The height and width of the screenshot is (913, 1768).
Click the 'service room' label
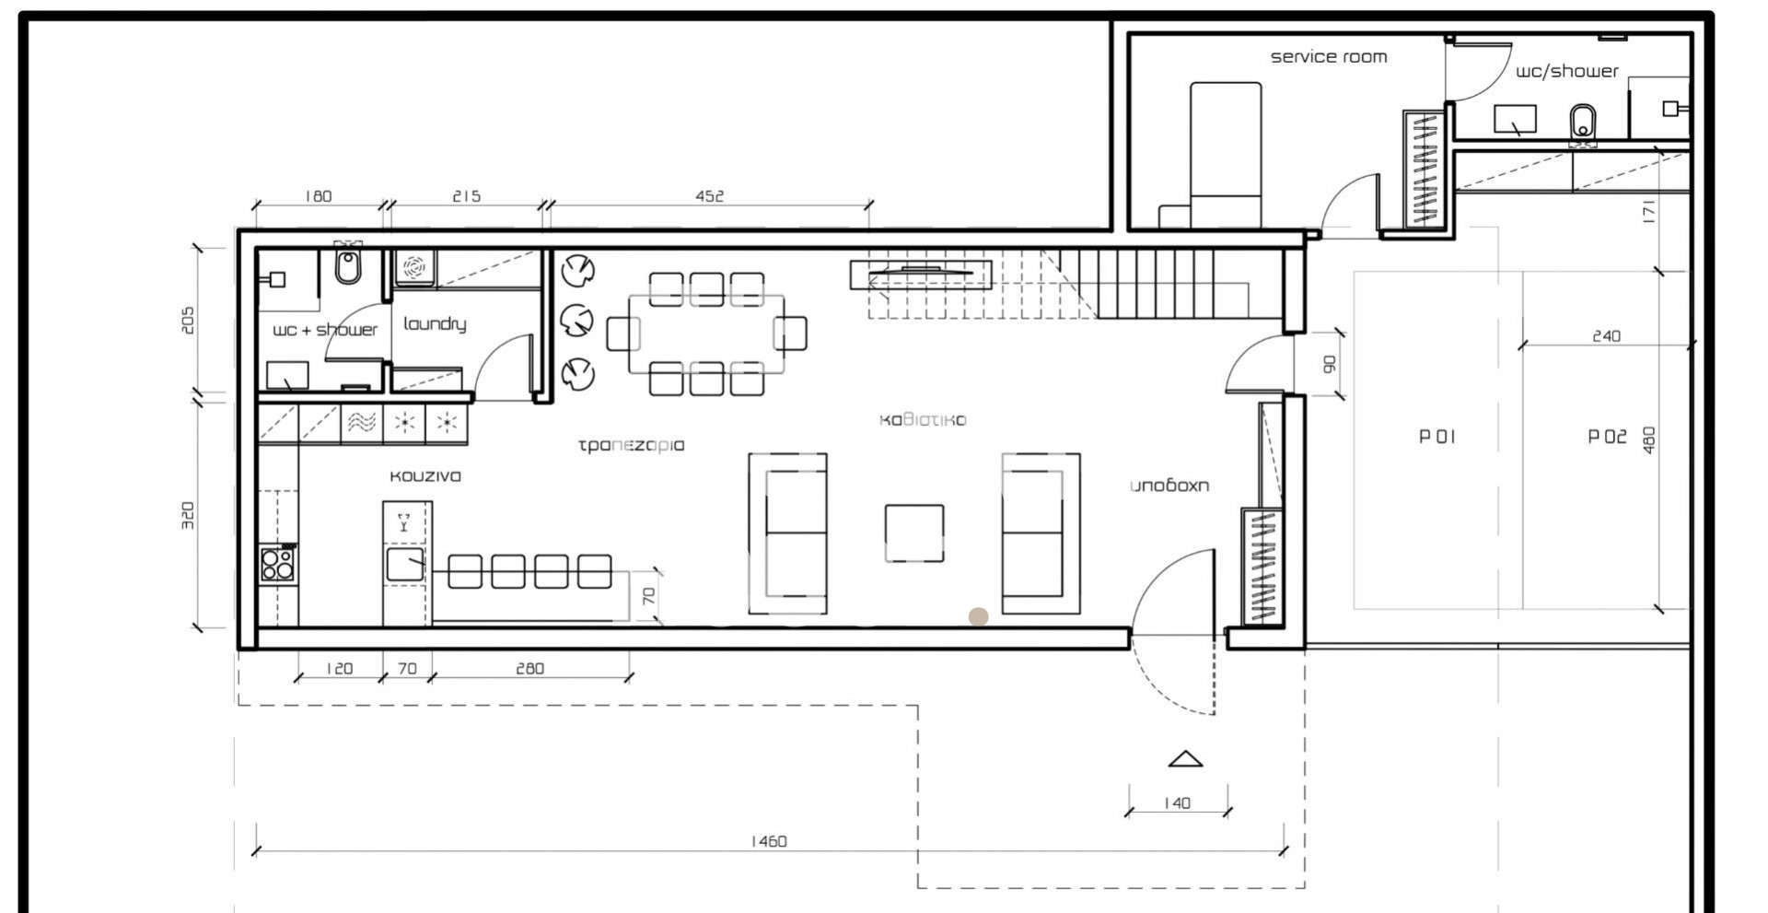[x=1328, y=57]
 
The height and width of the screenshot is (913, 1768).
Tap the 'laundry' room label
[x=435, y=323]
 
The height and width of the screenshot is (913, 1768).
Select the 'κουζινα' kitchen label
[x=425, y=476]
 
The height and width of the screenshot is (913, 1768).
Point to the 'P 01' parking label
[x=1436, y=437]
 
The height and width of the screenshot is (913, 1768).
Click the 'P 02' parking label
[x=1607, y=437]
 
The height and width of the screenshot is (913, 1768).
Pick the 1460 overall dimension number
[x=769, y=841]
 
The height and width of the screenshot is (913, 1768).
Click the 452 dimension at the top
[x=709, y=196]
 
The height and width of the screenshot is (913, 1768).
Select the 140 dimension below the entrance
[x=1177, y=803]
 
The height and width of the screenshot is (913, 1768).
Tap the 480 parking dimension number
[x=1649, y=439]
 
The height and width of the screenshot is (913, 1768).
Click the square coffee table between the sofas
[x=914, y=533]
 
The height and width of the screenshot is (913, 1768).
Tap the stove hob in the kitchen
[x=277, y=563]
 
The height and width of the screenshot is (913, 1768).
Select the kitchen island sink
[x=405, y=564]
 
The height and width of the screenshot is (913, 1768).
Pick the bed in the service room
[x=1226, y=155]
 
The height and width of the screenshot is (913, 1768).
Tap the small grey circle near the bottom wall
[x=978, y=617]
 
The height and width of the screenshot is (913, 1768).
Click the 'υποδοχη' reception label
[x=1169, y=486]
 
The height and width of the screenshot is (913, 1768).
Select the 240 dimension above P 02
[x=1606, y=336]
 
